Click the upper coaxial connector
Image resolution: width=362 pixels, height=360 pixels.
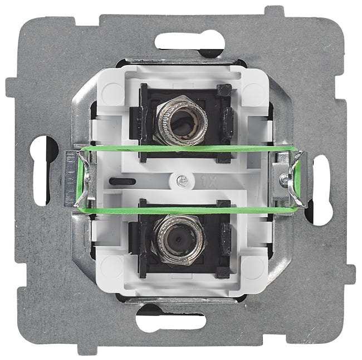click(x=181, y=120)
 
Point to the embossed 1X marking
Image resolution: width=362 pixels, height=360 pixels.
click(x=209, y=181)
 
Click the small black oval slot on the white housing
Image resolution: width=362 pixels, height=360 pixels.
click(x=123, y=181)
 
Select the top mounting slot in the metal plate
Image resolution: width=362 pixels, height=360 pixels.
click(x=189, y=42)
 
